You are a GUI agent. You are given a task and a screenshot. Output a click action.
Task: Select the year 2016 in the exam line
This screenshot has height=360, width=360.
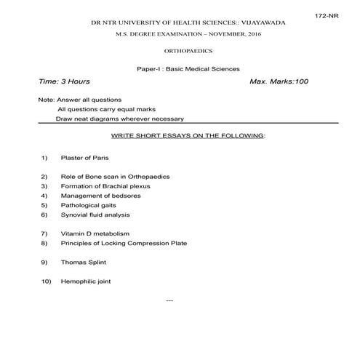pyautogui.click(x=255, y=35)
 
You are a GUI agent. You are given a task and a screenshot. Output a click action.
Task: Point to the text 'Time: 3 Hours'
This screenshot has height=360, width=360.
pyautogui.click(x=63, y=81)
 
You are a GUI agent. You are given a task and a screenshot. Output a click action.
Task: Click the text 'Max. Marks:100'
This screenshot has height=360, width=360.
pyautogui.click(x=279, y=81)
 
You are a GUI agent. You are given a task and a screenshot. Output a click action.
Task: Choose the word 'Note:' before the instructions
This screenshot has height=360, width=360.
pyautogui.click(x=46, y=99)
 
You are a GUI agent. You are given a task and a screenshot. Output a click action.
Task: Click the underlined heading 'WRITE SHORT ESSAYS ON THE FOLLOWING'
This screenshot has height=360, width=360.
pyautogui.click(x=188, y=136)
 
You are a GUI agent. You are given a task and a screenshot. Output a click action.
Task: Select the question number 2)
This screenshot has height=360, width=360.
pyautogui.click(x=44, y=177)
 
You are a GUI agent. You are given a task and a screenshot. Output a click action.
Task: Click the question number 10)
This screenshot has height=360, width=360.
pyautogui.click(x=45, y=281)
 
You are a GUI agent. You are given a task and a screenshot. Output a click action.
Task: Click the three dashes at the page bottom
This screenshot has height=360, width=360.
pyautogui.click(x=170, y=299)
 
